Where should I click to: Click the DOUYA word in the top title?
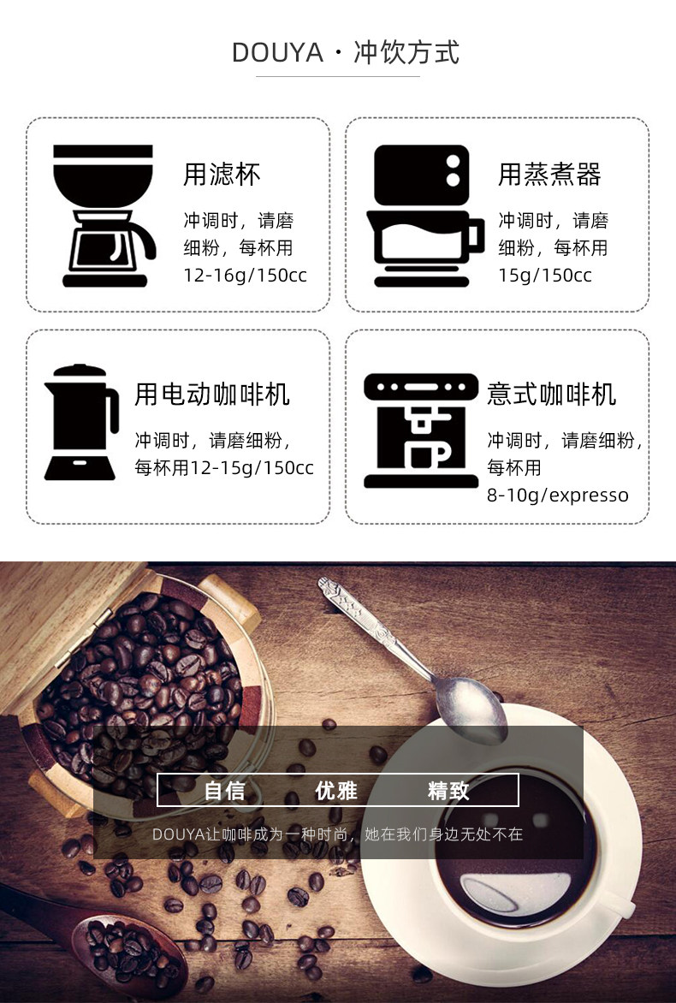277,53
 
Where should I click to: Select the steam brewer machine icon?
424,216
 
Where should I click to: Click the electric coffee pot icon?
81,422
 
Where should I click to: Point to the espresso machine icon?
421,430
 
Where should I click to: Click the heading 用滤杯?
222,174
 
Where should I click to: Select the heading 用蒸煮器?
549,174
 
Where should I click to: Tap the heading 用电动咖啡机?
212,394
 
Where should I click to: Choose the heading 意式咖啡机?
551,394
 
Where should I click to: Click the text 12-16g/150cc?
245,275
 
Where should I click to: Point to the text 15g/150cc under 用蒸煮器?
545,275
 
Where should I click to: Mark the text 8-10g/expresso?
558,496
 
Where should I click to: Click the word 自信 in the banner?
224,791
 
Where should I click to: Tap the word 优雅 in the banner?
336,791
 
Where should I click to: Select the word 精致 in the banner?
448,791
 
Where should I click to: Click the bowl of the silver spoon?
471,710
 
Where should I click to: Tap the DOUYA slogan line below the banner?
338,834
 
